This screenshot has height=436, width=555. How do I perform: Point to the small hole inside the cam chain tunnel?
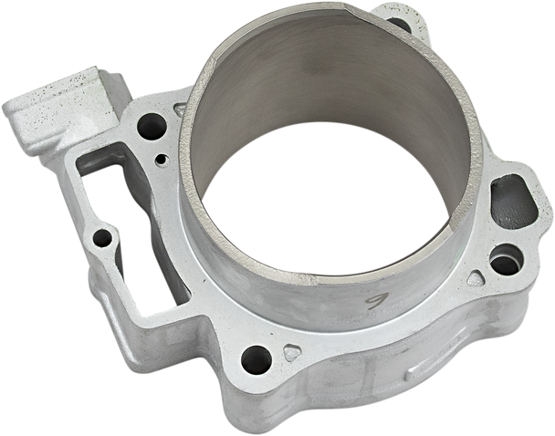(103, 239)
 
